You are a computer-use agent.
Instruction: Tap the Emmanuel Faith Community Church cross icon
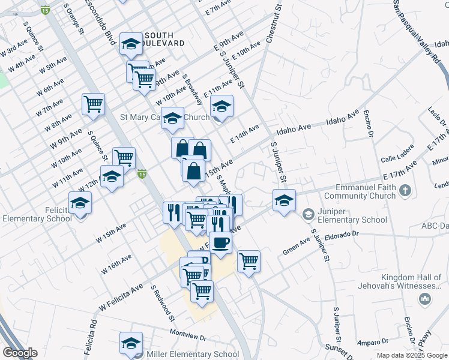tap(406, 191)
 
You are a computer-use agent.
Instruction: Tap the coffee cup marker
tap(221, 243)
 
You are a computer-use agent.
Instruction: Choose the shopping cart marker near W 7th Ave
tap(94, 104)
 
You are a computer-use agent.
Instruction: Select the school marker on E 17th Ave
tap(284, 200)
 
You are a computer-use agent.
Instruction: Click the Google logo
tap(20, 353)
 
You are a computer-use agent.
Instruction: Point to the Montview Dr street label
tap(188, 333)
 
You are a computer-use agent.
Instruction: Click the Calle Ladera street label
tap(397, 160)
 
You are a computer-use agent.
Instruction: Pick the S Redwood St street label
tap(162, 303)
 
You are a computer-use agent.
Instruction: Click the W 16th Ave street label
tap(116, 264)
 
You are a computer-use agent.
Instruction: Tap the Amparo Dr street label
tap(370, 343)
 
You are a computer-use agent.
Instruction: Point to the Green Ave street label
tap(297, 246)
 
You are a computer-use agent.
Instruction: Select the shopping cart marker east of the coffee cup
tap(249, 262)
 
